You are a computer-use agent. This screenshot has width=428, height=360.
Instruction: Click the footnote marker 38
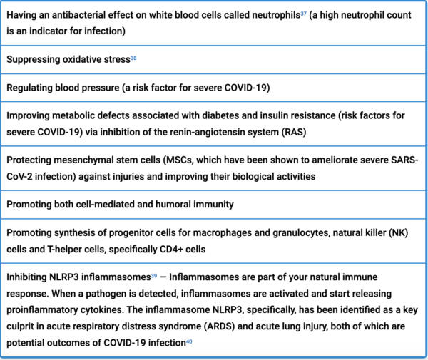point(133,57)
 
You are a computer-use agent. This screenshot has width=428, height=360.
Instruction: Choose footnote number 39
point(153,276)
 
